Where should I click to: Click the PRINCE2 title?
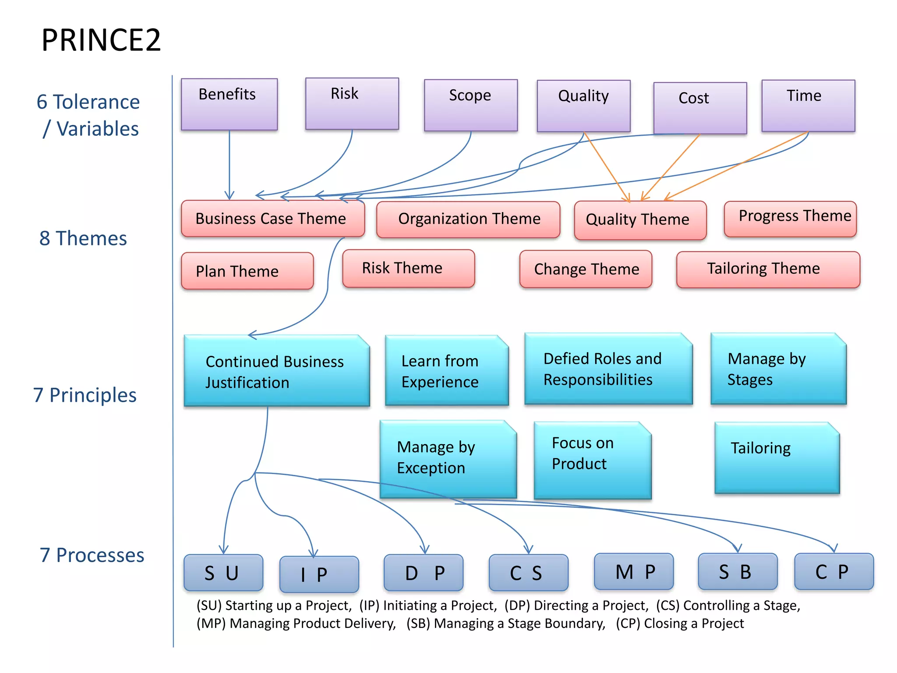(x=101, y=40)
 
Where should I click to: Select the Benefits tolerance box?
(x=229, y=104)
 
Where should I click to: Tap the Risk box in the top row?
(x=352, y=103)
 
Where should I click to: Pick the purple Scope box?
(x=471, y=105)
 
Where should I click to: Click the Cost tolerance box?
(x=700, y=108)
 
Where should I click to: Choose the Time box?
(x=808, y=105)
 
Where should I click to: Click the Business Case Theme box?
(x=272, y=219)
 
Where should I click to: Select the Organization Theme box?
(x=468, y=219)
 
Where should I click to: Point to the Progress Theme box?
(x=790, y=219)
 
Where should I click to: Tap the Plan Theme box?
(x=247, y=271)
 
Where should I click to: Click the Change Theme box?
(x=586, y=269)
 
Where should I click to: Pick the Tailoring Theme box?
(x=768, y=269)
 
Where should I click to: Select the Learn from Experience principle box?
(x=446, y=371)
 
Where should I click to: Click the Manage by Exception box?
(x=448, y=458)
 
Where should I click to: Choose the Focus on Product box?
(x=592, y=459)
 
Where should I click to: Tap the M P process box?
(x=633, y=571)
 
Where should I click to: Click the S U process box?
(x=223, y=573)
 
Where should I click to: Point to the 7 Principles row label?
(x=85, y=395)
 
